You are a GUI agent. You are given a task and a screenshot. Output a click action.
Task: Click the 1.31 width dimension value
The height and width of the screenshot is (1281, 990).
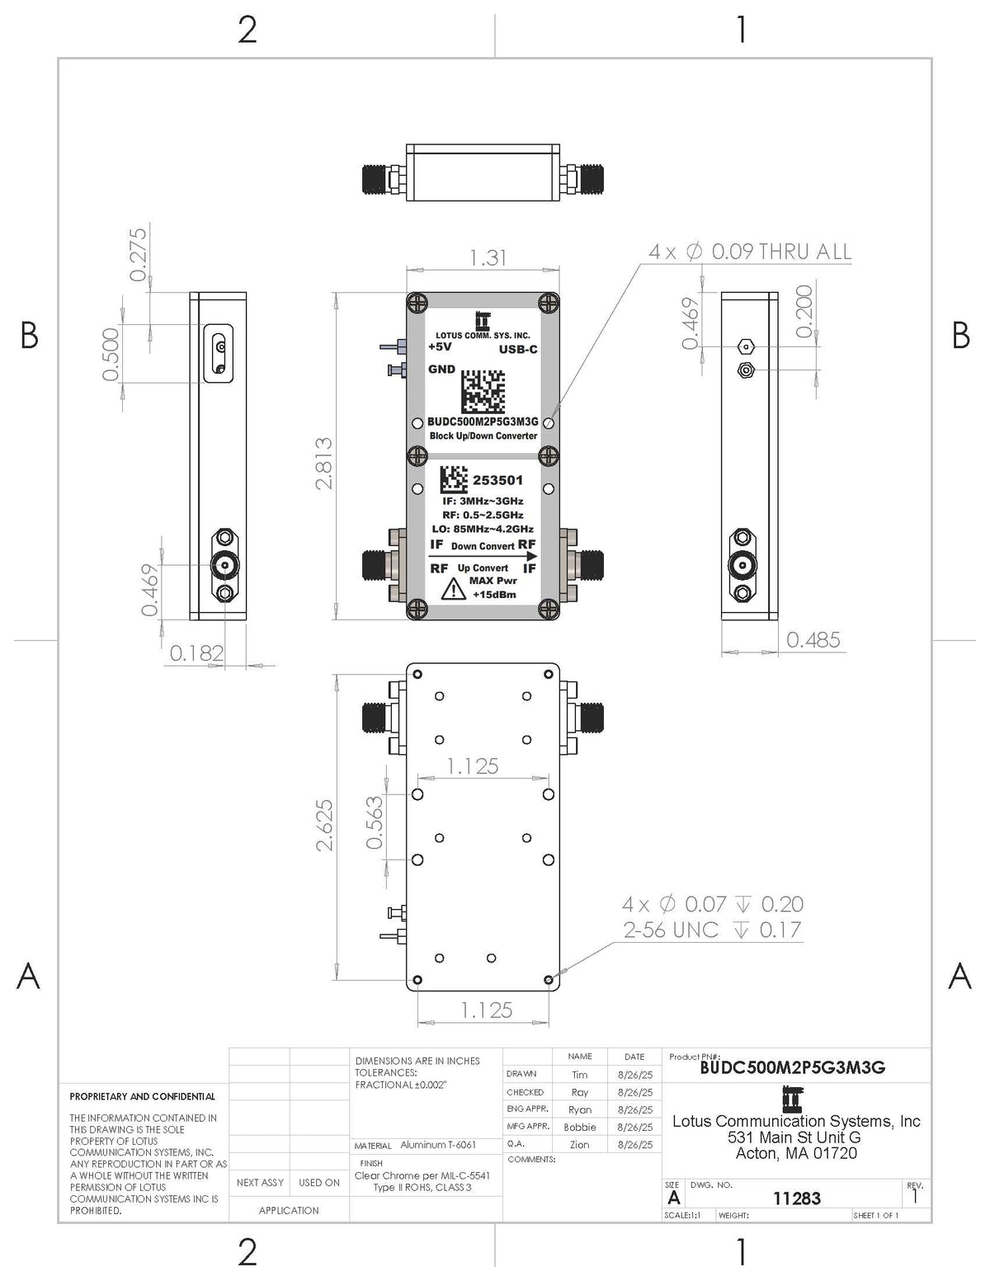488,257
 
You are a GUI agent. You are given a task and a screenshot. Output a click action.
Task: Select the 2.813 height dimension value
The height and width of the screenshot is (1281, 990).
325,463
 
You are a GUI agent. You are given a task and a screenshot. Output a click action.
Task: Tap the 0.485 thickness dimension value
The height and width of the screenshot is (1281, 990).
813,639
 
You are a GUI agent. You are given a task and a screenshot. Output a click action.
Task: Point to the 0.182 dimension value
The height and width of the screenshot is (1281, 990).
196,653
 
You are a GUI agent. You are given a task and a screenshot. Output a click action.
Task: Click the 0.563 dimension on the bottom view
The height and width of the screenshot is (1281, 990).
375,822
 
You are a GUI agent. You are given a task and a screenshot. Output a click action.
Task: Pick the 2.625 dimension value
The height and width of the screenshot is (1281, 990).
325,824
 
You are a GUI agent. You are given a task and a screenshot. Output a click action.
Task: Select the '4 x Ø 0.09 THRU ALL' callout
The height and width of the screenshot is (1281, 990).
749,252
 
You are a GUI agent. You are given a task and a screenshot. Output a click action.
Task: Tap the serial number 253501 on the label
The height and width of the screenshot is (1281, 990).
497,480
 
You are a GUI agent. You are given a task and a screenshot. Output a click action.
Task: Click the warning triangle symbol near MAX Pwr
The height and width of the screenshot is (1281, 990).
453,590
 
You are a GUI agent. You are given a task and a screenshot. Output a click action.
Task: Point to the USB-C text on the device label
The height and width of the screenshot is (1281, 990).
518,350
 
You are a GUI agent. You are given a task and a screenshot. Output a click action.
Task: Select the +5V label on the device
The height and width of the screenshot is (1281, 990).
441,347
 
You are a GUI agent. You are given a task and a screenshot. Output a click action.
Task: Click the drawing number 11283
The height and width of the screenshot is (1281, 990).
796,1198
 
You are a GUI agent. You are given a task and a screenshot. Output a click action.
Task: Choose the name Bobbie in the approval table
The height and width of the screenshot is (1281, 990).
579,1127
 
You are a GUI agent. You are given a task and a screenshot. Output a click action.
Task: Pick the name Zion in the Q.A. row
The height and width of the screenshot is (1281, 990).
579,1145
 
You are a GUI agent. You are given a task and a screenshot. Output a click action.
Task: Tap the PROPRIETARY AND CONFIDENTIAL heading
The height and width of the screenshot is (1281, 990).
142,1096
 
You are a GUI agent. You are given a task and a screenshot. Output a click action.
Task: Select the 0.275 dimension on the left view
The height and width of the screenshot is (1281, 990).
138,254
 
